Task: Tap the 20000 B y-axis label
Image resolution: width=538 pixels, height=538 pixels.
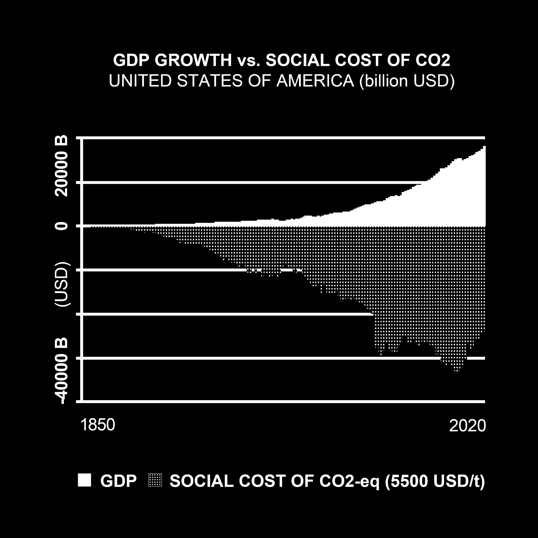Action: coord(62,166)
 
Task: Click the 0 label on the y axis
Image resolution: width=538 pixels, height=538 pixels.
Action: coord(62,226)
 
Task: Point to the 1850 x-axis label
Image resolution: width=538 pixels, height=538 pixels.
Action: coord(97,425)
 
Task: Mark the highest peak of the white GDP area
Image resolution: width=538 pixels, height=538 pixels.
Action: coord(484,147)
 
